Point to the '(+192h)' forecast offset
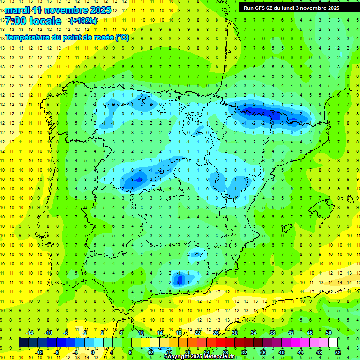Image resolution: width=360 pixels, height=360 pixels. coord(83,21)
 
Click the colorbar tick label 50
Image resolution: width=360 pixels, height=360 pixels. coord(329,333)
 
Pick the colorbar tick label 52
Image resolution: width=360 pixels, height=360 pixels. coord(338,352)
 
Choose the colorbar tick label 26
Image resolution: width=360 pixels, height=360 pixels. coord(216,333)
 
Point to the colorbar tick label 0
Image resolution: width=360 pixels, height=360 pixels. coord(93,352)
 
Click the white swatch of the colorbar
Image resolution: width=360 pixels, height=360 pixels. coord(333,343)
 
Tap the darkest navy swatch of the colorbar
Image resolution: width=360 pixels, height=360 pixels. coord(23,343)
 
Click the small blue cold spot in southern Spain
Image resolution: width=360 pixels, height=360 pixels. coord(179,279)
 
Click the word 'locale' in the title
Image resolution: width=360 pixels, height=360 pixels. coord(45,22)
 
